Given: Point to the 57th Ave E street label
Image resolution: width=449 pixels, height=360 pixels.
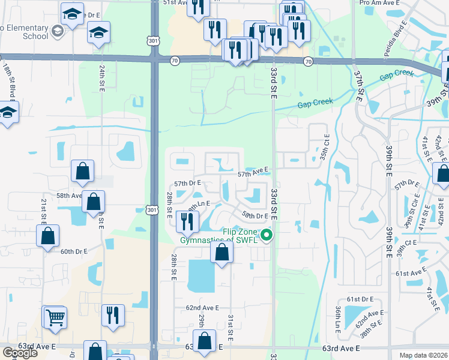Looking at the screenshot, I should point(252,173).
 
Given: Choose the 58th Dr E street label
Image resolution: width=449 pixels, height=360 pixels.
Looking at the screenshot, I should point(254,215).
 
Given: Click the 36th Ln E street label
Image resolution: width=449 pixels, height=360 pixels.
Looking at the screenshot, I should point(338,318).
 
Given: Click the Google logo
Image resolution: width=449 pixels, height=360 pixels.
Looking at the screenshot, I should point(20,353).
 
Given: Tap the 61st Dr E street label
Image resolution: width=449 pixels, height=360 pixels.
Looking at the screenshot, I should point(360,299).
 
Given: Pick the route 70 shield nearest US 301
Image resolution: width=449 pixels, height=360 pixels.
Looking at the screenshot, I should point(174,61).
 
